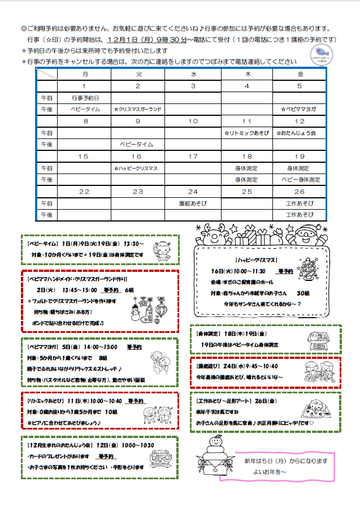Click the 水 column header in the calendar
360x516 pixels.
click(193, 74)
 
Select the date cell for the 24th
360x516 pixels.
click(193, 192)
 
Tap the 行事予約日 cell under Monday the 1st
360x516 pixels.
click(85, 98)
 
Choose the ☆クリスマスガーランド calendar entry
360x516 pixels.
click(138, 109)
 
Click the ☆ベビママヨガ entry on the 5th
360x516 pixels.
click(300, 109)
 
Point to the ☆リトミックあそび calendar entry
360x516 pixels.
click(246, 133)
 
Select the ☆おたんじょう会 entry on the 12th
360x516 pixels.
click(300, 133)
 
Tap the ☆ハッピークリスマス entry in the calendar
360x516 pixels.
click(138, 168)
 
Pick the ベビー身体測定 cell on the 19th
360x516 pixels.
click(300, 180)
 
